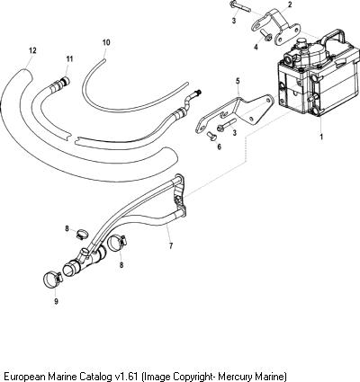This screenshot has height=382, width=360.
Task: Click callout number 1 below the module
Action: point(321,137)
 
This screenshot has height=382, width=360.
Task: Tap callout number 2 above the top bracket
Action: point(290,4)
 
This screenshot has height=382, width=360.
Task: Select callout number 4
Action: point(256,48)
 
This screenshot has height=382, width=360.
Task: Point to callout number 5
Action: point(238,81)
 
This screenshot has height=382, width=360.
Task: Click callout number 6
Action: point(219,147)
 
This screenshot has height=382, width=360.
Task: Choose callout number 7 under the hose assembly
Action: point(171,245)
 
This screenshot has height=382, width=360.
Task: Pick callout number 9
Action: point(56,301)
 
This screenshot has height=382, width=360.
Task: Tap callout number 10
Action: point(106,42)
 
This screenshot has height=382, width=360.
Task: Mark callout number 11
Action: point(69,58)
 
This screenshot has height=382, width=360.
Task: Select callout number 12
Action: point(32,50)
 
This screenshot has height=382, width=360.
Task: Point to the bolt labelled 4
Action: point(267,35)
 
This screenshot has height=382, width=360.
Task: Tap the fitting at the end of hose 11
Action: point(64,81)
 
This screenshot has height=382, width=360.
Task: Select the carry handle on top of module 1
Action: point(339,39)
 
